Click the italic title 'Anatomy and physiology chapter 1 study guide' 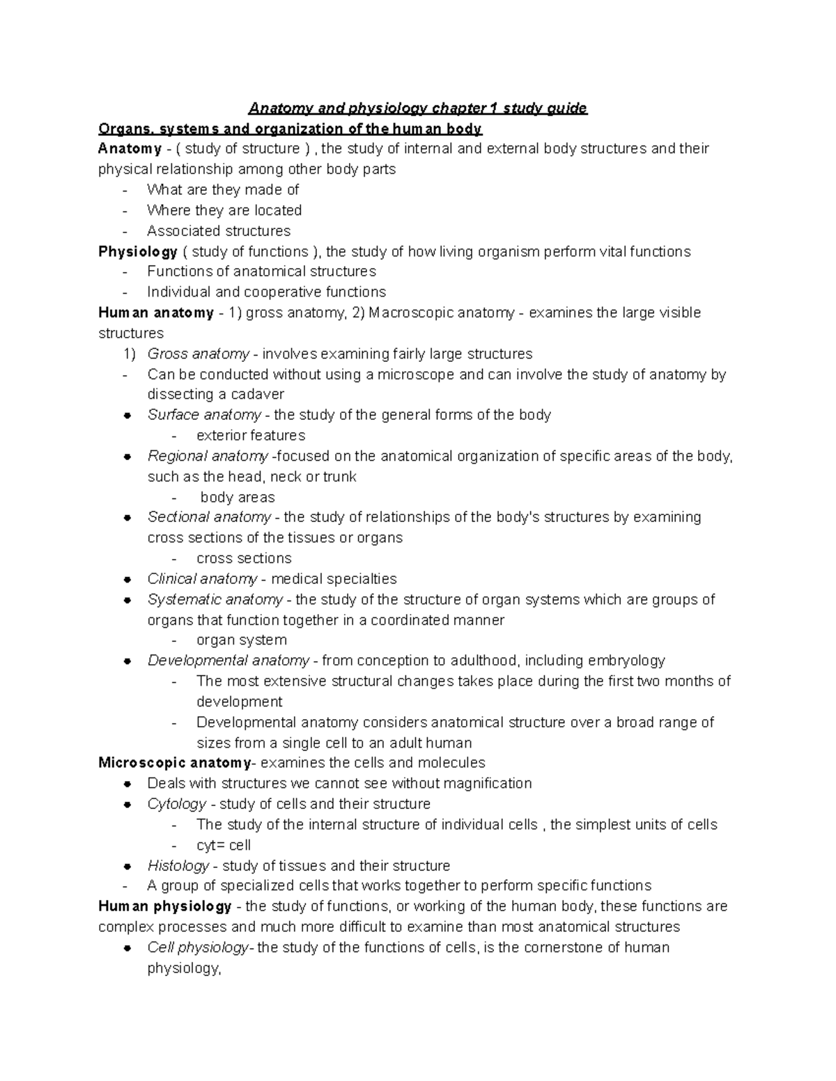[418, 109]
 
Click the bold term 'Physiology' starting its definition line [138, 252]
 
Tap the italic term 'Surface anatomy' [204, 416]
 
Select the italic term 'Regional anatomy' [208, 457]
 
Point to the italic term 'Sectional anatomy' [209, 517]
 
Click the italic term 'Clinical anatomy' [202, 579]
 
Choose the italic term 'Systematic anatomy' [215, 599]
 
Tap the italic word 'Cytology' [177, 804]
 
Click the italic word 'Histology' [178, 866]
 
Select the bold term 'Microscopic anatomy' [175, 763]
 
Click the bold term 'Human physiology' [165, 906]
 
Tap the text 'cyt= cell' [224, 846]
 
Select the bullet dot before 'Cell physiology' [127, 948]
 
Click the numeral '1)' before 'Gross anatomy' [130, 354]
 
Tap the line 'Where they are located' [224, 210]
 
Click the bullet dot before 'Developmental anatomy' [127, 661]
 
